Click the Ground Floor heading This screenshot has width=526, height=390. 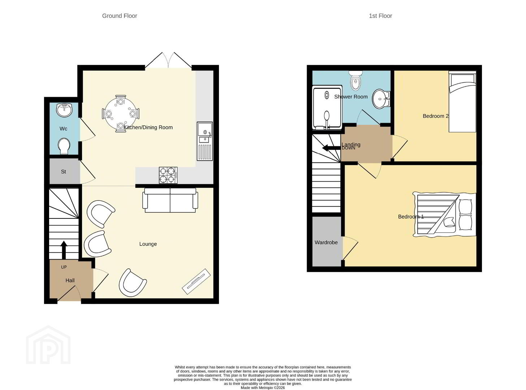click(x=120, y=16)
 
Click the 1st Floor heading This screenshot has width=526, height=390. click(x=380, y=16)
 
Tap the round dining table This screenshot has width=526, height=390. click(x=121, y=113)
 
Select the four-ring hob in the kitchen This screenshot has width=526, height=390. click(x=168, y=175)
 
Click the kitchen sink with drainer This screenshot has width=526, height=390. click(x=205, y=141)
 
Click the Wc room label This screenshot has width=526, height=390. click(x=63, y=129)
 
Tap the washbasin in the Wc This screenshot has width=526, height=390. click(x=64, y=110)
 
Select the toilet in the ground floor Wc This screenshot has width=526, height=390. click(x=64, y=146)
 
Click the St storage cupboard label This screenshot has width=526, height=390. click(x=63, y=172)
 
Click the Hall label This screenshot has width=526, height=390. click(x=70, y=281)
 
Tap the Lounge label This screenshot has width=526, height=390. click(x=148, y=244)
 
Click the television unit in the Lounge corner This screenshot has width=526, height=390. click(x=197, y=281)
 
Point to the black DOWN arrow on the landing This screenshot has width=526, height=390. click(x=332, y=148)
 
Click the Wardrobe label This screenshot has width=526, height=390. click(x=326, y=243)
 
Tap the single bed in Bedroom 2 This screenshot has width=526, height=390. click(x=462, y=101)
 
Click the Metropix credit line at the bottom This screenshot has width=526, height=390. click(x=263, y=388)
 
